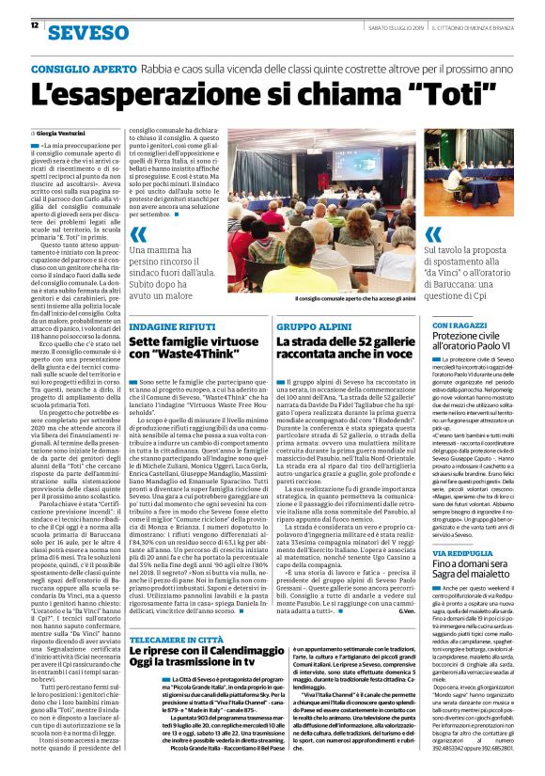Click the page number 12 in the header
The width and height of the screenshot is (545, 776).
[34, 25]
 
